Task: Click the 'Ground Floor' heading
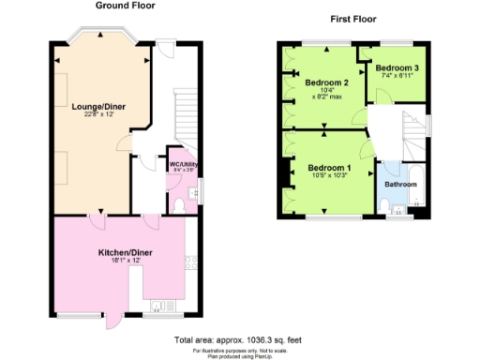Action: click(125, 6)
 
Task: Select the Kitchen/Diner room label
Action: click(125, 253)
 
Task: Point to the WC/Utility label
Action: click(180, 164)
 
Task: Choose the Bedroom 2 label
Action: click(327, 82)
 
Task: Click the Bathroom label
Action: click(400, 184)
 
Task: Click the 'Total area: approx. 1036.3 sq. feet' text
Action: click(239, 338)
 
